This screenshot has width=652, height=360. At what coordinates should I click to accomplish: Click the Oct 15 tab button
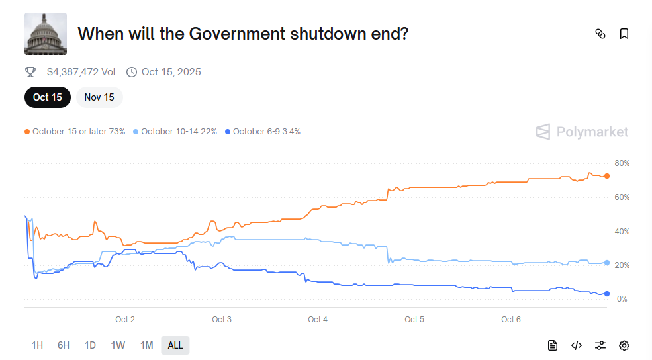click(48, 97)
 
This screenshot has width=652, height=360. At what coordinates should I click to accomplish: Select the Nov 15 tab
click(99, 97)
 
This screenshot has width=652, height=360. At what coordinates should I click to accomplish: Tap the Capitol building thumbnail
click(46, 34)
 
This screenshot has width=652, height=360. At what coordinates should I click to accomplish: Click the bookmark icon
click(624, 34)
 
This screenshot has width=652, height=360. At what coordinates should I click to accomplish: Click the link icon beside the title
click(600, 34)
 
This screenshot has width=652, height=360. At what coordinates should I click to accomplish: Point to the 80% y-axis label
click(622, 163)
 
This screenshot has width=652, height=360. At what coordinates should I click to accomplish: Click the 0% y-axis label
click(622, 299)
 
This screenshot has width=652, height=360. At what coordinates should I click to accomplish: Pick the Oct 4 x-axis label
click(318, 320)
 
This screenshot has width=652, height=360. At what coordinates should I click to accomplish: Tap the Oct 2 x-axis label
click(125, 320)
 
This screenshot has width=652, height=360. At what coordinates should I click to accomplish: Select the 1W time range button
click(118, 345)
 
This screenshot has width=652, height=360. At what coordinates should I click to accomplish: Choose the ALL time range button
click(175, 345)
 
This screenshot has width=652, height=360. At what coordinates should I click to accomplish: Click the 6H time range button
click(64, 345)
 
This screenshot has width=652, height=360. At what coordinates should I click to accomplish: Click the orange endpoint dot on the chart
click(607, 176)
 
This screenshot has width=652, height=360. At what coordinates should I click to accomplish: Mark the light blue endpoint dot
click(607, 263)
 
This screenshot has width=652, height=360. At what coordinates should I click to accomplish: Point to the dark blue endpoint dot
click(607, 294)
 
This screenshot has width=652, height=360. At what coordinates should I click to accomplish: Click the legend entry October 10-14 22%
click(175, 132)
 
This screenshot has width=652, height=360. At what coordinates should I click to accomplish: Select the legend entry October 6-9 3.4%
click(263, 132)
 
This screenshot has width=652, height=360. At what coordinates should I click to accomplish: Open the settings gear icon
click(624, 345)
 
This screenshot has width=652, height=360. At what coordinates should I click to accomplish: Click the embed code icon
click(577, 345)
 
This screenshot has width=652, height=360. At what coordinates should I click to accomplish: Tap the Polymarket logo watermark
click(582, 132)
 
